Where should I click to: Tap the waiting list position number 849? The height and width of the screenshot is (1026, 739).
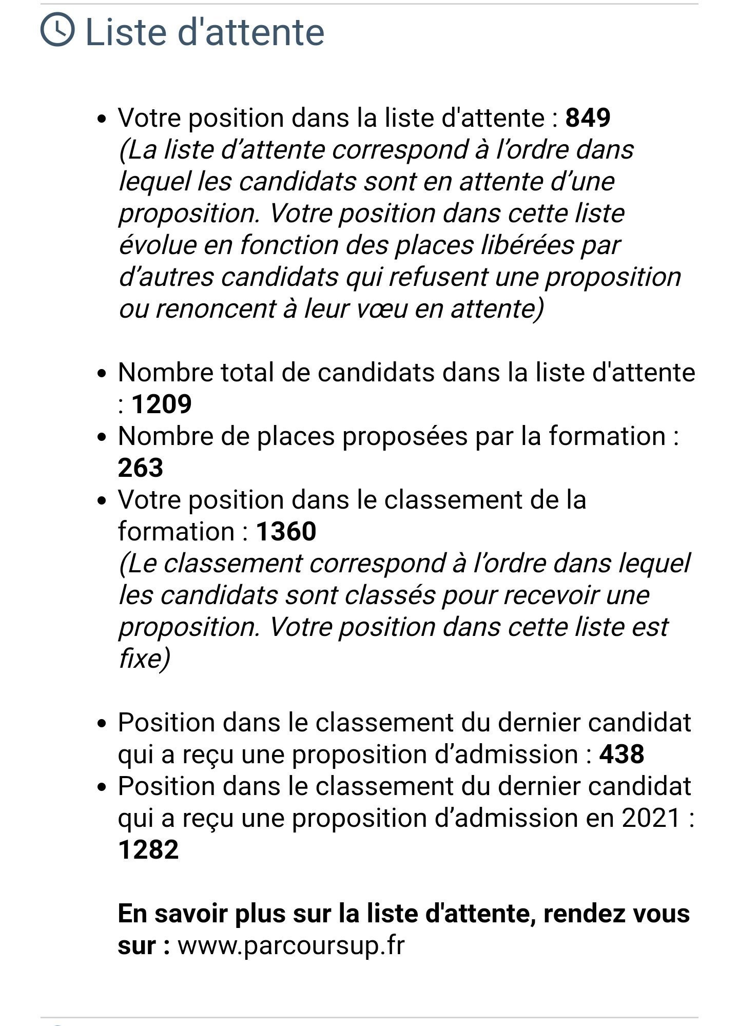click(588, 118)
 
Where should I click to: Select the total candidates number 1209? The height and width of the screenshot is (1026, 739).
click(162, 404)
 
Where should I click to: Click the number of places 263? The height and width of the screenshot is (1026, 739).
click(140, 468)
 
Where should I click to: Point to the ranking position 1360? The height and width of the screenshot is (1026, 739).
click(286, 531)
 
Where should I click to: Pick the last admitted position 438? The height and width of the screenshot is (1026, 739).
click(621, 754)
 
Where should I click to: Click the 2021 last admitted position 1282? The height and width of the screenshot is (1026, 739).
click(148, 849)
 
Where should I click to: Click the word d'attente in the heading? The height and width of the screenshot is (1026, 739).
click(251, 32)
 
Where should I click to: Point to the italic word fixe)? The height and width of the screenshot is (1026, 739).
click(144, 659)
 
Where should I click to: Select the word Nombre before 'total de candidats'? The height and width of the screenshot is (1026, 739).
click(165, 372)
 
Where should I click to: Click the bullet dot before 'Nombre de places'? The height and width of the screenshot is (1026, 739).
click(102, 437)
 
